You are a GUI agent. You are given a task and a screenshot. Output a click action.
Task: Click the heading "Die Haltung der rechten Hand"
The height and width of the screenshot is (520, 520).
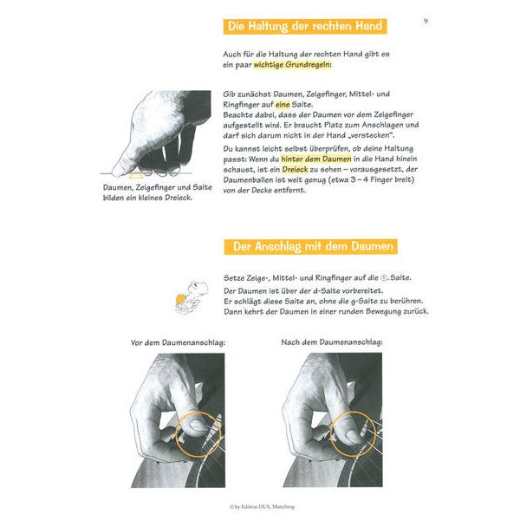(x=304, y=27)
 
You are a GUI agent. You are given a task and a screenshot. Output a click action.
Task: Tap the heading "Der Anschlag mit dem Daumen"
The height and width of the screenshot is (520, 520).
(x=309, y=247)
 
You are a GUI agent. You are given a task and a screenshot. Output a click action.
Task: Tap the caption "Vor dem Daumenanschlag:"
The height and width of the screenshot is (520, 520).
(x=178, y=342)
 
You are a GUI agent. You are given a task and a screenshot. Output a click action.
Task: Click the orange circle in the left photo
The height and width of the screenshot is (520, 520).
(x=198, y=430)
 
